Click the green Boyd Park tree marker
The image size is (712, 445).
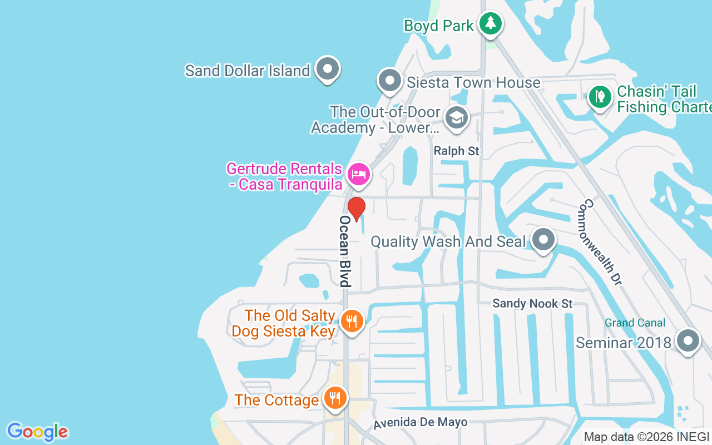[x=490, y=23]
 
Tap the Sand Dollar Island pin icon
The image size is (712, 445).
[x=328, y=70]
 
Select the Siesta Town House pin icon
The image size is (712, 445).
[x=390, y=81]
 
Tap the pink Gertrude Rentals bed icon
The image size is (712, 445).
[x=359, y=175]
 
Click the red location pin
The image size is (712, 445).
[x=357, y=209]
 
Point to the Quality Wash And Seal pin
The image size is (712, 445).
[x=543, y=240]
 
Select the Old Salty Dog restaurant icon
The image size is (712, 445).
[x=352, y=322]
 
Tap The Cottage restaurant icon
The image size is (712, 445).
[x=335, y=398]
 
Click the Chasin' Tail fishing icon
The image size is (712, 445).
[x=600, y=97]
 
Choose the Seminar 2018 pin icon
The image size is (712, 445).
[x=688, y=340]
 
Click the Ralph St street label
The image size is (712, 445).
[x=457, y=151]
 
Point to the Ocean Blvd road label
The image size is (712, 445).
[x=345, y=251]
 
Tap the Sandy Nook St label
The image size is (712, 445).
[x=532, y=304]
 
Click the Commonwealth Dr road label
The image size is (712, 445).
[x=600, y=242]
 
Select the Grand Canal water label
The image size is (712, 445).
[x=635, y=323]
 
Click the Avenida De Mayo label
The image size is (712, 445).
[x=420, y=423]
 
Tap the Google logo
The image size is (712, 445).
[x=38, y=432]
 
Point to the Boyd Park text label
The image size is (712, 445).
[x=439, y=26]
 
